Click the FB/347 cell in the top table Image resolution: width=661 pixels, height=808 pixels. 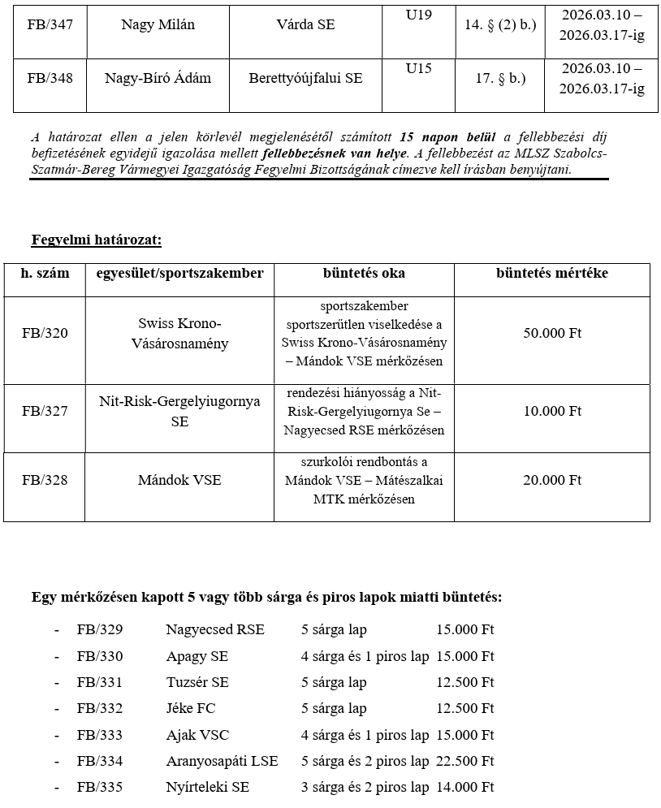(x=50, y=25)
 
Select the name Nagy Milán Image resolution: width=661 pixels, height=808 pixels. (x=158, y=25)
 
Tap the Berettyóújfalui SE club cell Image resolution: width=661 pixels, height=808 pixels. (x=305, y=79)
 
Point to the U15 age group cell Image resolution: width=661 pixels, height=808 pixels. (x=418, y=68)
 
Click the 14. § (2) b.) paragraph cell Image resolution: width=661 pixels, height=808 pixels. (x=500, y=25)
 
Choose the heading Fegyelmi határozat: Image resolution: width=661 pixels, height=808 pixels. (x=96, y=240)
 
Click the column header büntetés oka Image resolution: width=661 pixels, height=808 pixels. (x=364, y=274)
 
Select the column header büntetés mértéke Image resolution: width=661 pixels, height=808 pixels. (x=551, y=274)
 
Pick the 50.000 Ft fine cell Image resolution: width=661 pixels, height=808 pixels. (x=552, y=333)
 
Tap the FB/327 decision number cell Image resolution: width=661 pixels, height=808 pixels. (x=45, y=411)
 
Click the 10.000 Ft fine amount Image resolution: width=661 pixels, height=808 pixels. (x=552, y=411)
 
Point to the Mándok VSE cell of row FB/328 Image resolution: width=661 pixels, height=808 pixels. (x=179, y=480)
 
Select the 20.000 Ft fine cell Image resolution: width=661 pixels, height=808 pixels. (x=552, y=480)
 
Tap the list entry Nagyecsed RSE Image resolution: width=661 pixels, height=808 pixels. (x=214, y=629)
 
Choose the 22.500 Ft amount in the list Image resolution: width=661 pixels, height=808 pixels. (x=464, y=761)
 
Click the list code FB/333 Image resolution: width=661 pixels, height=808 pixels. (x=100, y=735)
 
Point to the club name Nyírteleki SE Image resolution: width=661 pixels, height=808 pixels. (x=207, y=787)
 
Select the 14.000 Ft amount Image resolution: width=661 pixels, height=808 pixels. (x=464, y=787)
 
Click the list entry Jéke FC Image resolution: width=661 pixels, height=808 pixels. (x=191, y=709)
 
